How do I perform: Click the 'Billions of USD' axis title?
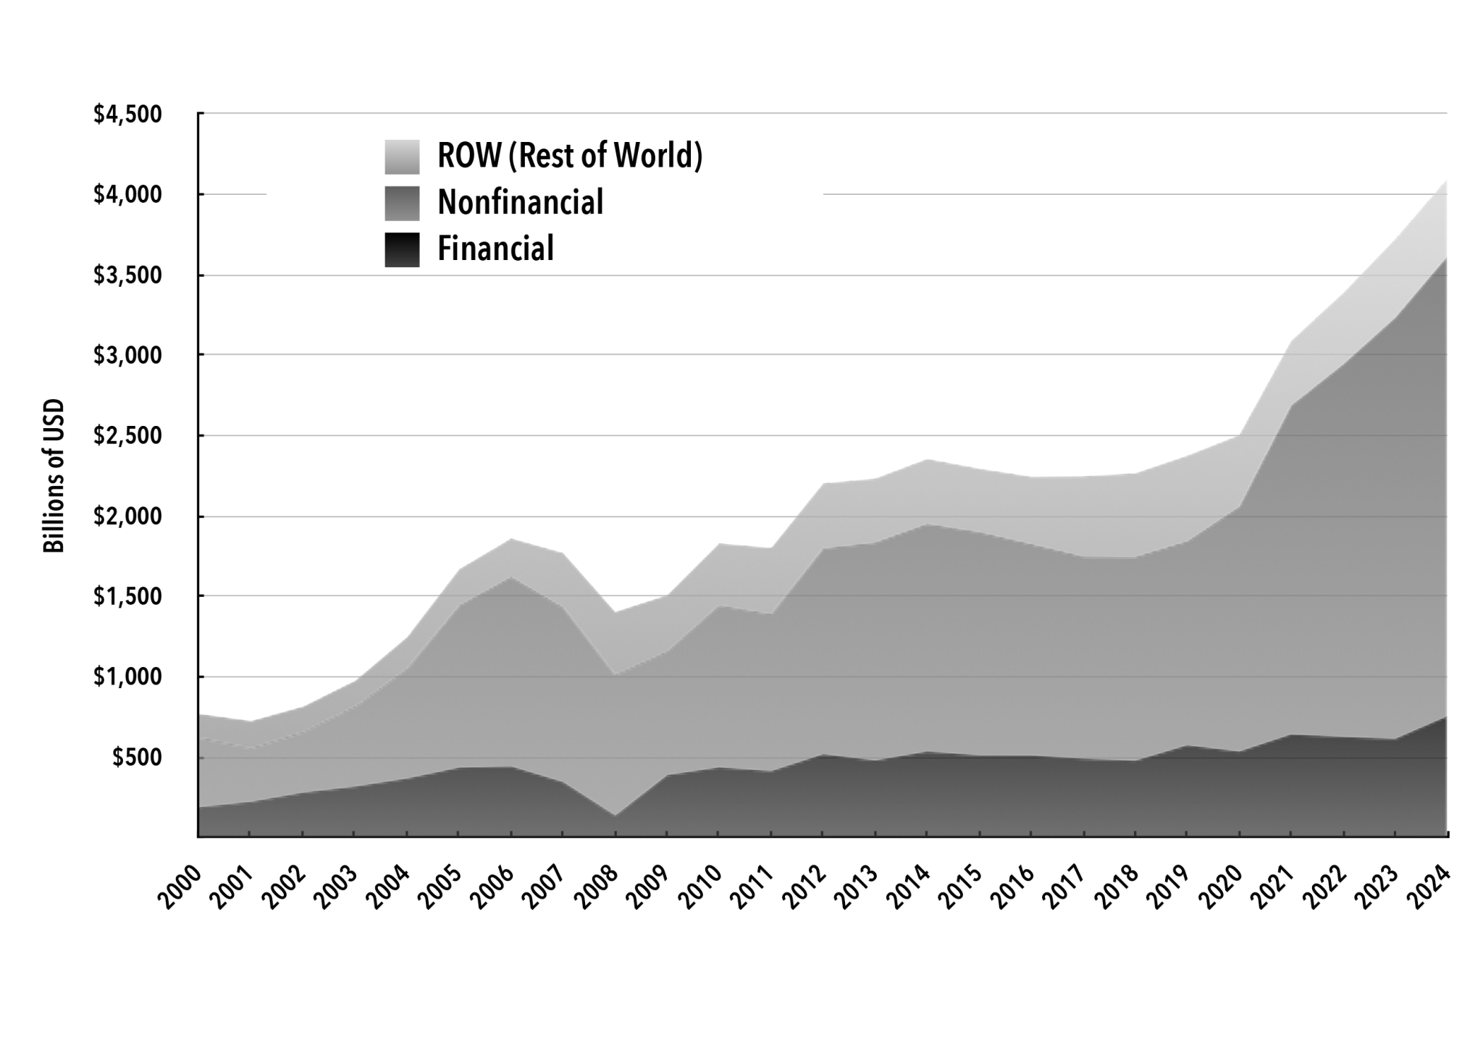tap(54, 476)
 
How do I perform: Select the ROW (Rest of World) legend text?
tap(570, 156)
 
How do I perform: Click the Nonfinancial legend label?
tap(520, 202)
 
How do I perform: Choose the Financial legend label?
tap(495, 248)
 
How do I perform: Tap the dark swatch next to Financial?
tap(402, 249)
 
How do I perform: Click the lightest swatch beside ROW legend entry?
tap(402, 156)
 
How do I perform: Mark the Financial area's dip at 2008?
tap(615, 816)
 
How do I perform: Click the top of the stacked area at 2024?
tap(1446, 180)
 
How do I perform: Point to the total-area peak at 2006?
tap(511, 539)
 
